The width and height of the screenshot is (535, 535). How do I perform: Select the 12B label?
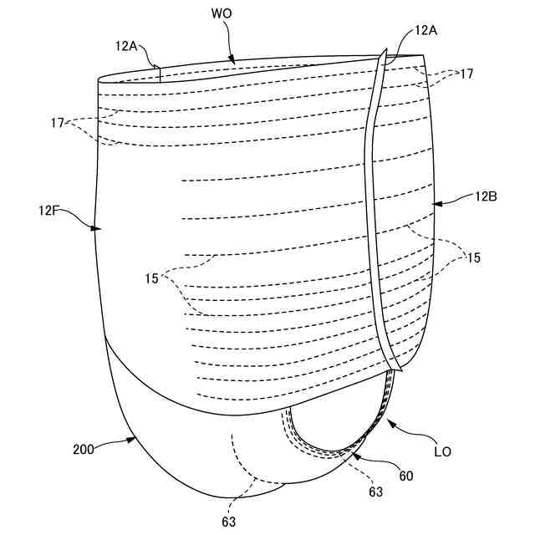pos(487,197)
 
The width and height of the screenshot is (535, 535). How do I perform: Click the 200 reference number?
pos(84,449)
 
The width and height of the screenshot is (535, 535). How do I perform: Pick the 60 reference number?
pos(405,476)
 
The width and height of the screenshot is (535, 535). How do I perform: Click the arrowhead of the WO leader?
pos(234,61)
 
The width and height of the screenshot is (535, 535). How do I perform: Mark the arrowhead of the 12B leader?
pos(434,203)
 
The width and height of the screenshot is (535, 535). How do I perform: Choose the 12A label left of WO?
pos(127,47)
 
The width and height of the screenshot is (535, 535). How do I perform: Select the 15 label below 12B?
pos(474,258)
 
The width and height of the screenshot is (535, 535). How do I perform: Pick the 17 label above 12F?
pos(58,122)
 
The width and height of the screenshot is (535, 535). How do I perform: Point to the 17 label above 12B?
pos(466,74)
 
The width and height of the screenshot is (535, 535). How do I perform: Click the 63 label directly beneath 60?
pos(376,492)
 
